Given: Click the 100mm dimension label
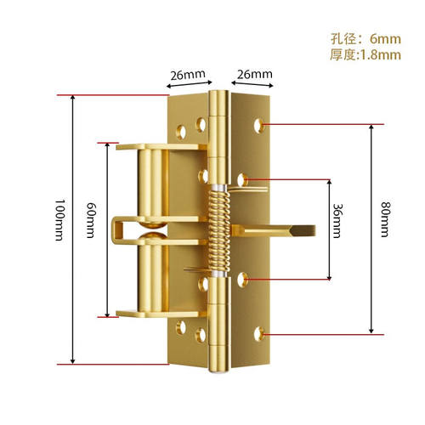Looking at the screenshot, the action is coord(60,220).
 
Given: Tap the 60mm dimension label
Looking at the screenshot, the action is coord(92,220).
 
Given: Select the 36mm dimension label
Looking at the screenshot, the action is coord(338,221).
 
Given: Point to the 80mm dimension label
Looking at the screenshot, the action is coord(385,219).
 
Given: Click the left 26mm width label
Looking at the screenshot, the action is coord(188,75).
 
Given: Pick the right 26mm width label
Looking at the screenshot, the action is coord(255,74).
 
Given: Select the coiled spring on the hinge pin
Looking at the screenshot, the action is coord(219,229).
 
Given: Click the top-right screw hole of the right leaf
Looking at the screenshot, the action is coord(258,126).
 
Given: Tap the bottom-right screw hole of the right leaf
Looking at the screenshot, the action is coord(258,334).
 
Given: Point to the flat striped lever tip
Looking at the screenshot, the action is coord(303,231).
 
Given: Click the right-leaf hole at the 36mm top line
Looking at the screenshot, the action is coord(242,180).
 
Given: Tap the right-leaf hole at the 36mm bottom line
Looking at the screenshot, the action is coord(242,280).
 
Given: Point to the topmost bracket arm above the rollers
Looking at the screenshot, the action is coord(161,147).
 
